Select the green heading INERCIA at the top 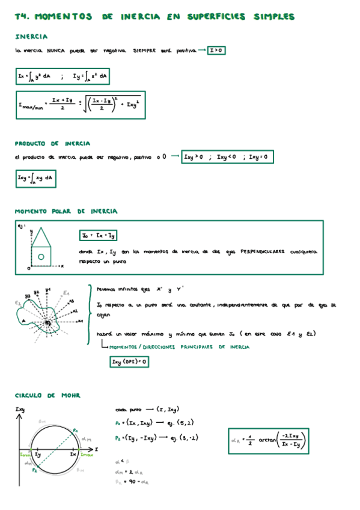31,37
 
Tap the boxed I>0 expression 216,51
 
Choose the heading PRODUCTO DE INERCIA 52,144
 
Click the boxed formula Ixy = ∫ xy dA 35,178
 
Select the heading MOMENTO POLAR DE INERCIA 66,212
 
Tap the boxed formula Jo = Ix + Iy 99,236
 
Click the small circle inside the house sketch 41,257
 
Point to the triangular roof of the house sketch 41,236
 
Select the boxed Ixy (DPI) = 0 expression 129,361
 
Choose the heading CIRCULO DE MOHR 47,395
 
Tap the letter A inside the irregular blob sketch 23,321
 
